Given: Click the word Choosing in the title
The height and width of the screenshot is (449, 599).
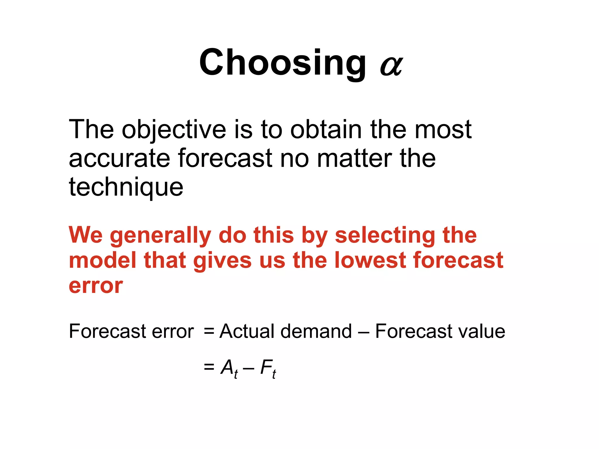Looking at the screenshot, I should (x=282, y=63).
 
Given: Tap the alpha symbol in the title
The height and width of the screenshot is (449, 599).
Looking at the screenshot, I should (x=391, y=66).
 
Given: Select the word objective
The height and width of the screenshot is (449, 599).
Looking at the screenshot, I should (x=174, y=130).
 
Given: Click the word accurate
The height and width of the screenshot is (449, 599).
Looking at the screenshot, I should (x=119, y=158).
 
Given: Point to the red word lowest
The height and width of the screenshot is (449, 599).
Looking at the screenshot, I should (x=371, y=260).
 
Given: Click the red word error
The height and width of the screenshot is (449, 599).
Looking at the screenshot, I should (x=96, y=286).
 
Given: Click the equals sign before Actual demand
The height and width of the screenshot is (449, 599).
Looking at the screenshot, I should (x=209, y=332).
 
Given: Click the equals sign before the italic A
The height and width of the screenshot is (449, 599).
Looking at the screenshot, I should (x=209, y=367).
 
